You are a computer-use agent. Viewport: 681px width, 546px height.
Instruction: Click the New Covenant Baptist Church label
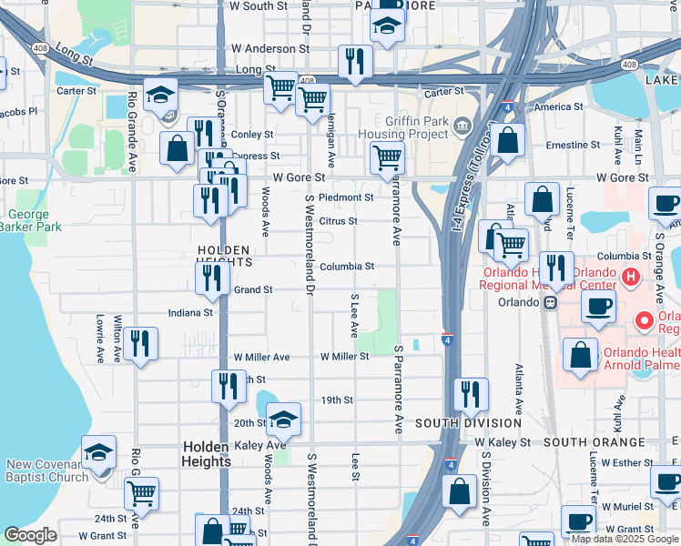(47, 470)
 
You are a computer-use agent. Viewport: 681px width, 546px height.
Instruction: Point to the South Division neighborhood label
(468, 423)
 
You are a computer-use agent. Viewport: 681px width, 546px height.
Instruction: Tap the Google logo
(30, 535)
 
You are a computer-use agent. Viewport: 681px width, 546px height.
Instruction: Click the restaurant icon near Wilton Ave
(139, 344)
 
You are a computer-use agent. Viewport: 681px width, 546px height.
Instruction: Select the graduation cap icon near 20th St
(283, 419)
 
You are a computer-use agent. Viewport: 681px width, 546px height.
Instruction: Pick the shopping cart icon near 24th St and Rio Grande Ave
(141, 493)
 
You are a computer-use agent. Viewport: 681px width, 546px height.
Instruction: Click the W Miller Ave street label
(260, 358)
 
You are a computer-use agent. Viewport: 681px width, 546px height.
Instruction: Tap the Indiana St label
(189, 312)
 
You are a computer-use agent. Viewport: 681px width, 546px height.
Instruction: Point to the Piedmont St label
(346, 197)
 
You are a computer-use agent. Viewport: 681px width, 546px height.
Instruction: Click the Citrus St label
(338, 221)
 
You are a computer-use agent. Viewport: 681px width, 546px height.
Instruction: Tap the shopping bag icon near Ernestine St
(509, 140)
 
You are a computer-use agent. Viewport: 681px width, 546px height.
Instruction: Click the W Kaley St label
(503, 442)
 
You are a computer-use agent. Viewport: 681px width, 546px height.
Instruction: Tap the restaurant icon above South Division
(469, 394)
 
